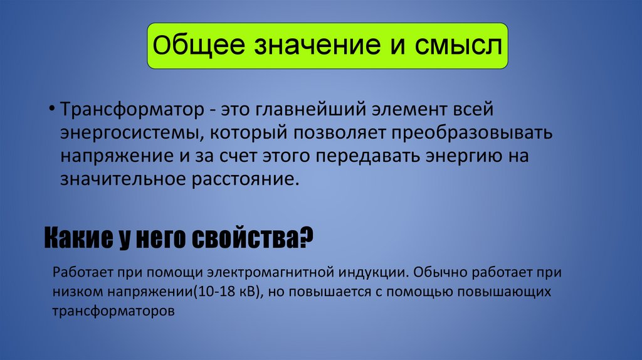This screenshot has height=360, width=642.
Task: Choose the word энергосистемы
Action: click(132, 134)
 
